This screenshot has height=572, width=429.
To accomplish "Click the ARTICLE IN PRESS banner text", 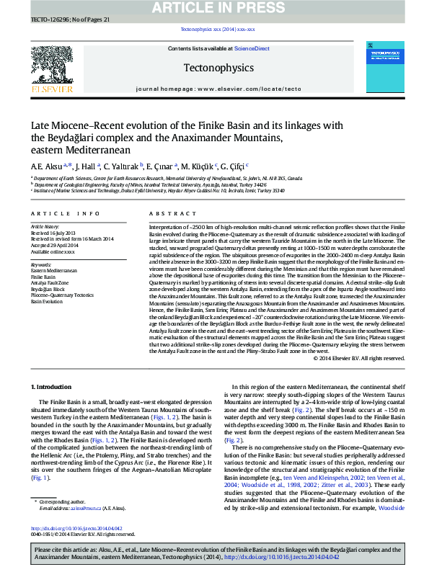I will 214,7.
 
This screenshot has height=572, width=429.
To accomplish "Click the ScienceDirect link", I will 254,48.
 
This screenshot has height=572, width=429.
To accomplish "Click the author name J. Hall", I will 85,166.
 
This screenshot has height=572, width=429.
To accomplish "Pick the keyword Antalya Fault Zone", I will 50,284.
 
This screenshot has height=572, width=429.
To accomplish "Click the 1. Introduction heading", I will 53,388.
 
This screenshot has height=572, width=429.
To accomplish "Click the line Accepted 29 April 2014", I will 54,245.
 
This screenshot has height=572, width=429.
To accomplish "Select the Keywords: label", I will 41,264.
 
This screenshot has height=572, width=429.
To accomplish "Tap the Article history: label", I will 45,226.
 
